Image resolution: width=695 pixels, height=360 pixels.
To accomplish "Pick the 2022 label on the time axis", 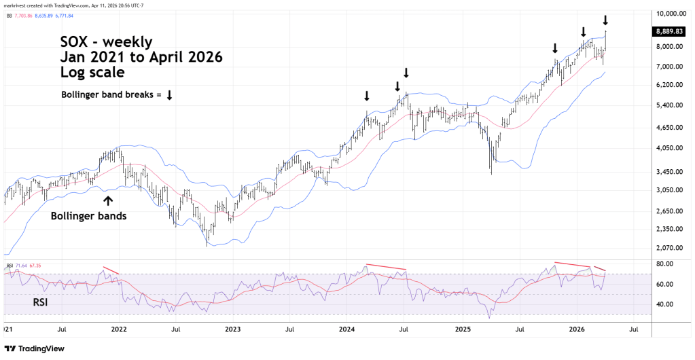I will pyautogui.click(x=119, y=329).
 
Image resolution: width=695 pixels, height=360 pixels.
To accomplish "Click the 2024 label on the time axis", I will pyautogui.click(x=347, y=329).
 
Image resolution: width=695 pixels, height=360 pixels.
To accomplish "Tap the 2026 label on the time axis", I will pyautogui.click(x=577, y=329).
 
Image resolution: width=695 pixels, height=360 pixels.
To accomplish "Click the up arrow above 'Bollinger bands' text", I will pyautogui.click(x=107, y=200).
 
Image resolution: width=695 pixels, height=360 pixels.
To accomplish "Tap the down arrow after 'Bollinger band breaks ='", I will pyautogui.click(x=169, y=95).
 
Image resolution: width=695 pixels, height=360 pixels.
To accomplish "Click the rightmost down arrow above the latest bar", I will pyautogui.click(x=605, y=20).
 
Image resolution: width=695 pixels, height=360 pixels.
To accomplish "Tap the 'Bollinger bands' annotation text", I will pyautogui.click(x=89, y=217).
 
